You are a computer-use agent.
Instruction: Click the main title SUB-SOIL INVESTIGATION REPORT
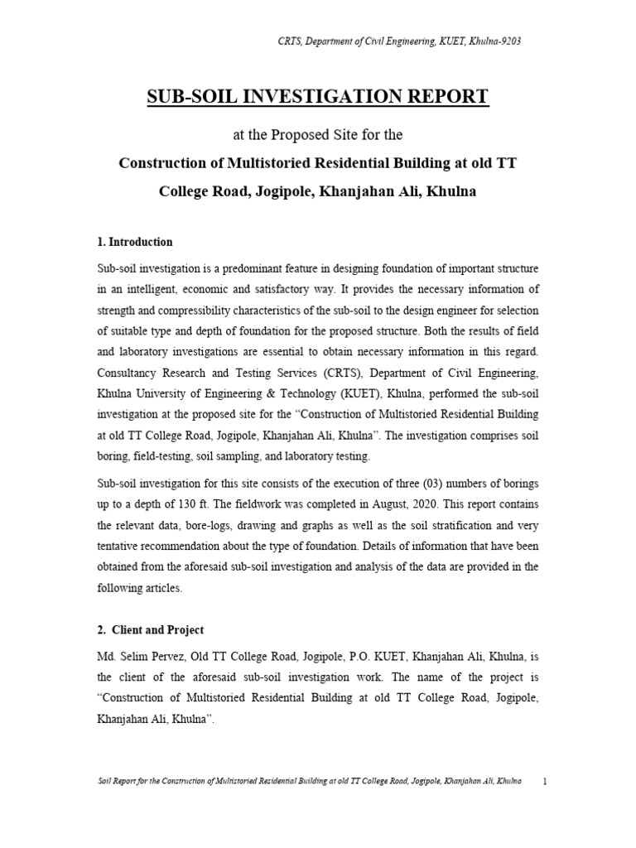coord(318,97)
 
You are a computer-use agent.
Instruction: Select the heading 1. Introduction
coord(135,242)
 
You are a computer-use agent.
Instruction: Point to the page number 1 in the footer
coord(544,781)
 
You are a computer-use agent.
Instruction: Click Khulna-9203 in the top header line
coord(494,41)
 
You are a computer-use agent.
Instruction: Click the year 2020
coord(385,504)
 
